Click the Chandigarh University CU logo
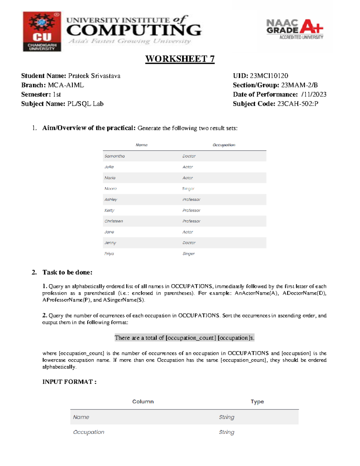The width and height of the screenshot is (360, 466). point(42,32)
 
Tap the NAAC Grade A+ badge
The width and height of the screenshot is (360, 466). point(295,29)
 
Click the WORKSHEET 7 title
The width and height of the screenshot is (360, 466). point(180,59)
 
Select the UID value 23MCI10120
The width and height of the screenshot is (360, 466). point(269,76)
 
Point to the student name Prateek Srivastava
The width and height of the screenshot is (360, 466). point(94,76)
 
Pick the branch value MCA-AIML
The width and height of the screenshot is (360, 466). point(66,85)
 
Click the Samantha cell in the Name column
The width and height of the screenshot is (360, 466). point(114,156)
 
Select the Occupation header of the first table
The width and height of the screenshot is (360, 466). point(224,145)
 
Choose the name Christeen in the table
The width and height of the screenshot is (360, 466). point(113,221)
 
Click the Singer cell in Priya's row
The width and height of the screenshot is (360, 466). point(188,254)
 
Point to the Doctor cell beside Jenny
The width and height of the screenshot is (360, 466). point(189,243)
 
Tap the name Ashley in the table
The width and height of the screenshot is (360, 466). point(111,200)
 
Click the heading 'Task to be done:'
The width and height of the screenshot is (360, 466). point(67,272)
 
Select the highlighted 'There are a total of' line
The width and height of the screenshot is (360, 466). point(184,338)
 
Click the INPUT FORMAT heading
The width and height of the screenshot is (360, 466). point(69,382)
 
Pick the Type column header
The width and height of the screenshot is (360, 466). point(257,402)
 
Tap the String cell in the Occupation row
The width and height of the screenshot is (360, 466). point(226,432)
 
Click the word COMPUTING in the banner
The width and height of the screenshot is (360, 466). point(134,30)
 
